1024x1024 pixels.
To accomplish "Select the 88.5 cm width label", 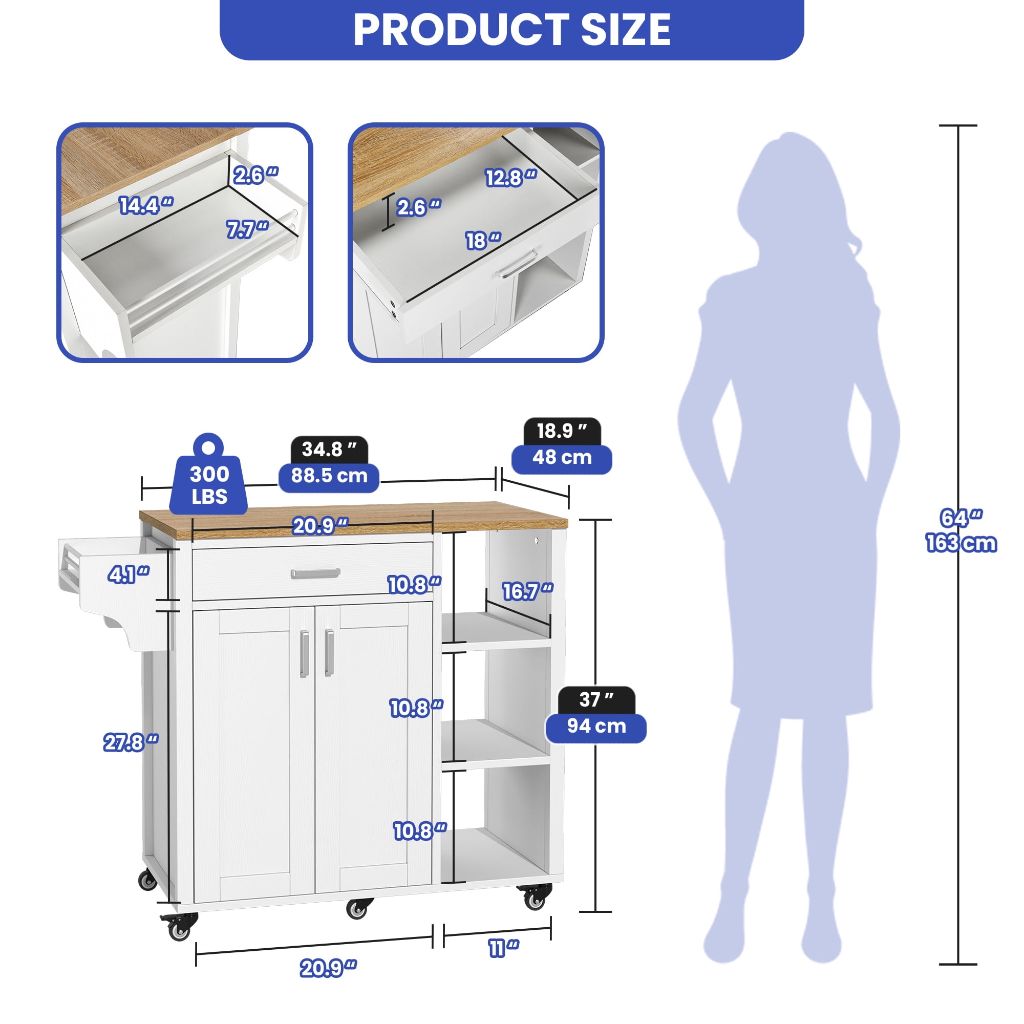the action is tap(329, 476).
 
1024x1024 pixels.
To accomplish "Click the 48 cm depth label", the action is tap(562, 457).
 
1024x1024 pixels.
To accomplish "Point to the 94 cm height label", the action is tap(596, 726).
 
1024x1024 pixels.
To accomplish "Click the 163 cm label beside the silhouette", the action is tap(962, 543).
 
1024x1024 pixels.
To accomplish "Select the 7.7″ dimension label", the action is tap(247, 229).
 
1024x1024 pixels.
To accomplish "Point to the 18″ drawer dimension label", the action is tap(483, 241).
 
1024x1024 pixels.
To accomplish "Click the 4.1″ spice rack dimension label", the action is tap(129, 574).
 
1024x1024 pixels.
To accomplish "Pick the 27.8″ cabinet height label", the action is tap(131, 742).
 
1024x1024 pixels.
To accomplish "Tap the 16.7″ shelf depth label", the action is tap(528, 591).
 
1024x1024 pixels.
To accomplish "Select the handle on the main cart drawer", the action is tap(315, 573).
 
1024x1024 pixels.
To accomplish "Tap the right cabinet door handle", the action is tap(329, 652).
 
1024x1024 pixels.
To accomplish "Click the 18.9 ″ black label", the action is tap(562, 432).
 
